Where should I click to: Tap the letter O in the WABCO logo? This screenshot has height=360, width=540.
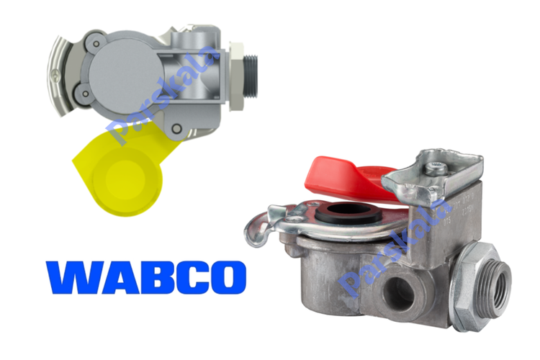point(227,277)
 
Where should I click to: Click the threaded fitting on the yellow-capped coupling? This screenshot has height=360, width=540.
point(251,76)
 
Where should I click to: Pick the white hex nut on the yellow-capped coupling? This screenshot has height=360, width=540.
point(236,76)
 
